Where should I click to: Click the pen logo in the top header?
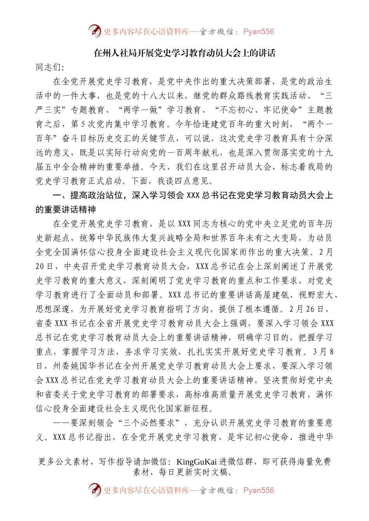click(94, 31)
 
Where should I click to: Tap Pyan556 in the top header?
click(258, 32)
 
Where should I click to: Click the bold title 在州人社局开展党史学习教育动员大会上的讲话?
click(184, 53)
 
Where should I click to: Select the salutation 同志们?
click(49, 67)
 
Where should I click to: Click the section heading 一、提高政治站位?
click(88, 195)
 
